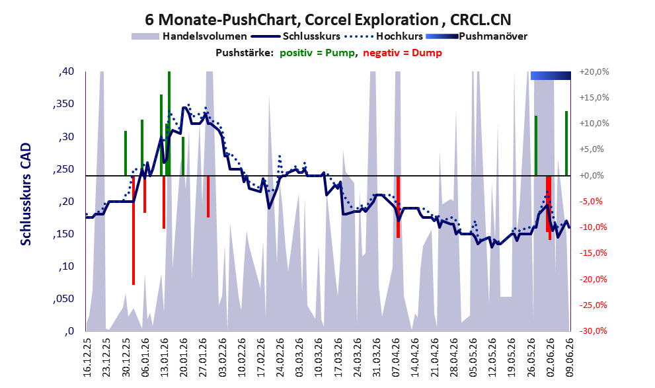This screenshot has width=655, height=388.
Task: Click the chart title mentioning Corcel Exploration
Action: click(x=328, y=20)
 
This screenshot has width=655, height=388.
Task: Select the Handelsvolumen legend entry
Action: click(x=189, y=36)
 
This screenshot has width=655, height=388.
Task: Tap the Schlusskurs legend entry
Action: click(x=295, y=36)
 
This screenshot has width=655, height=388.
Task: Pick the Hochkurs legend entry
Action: click(x=383, y=36)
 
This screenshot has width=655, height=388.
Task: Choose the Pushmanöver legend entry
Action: click(x=477, y=36)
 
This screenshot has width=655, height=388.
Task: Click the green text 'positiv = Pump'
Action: click(x=317, y=53)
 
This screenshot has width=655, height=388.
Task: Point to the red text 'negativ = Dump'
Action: click(x=403, y=53)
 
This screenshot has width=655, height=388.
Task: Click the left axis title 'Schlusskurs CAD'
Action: click(x=26, y=194)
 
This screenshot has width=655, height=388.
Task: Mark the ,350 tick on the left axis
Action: click(x=63, y=104)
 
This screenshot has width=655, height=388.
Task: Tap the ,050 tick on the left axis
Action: click(x=63, y=299)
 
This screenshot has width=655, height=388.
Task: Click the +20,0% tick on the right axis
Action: click(x=594, y=72)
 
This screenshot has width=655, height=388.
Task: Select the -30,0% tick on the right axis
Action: click(x=594, y=331)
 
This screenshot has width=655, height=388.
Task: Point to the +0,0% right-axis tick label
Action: click(x=592, y=175)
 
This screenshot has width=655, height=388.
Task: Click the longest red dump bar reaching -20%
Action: click(x=134, y=230)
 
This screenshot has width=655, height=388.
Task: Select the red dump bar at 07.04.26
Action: click(x=398, y=207)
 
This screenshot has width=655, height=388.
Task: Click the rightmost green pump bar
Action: click(x=566, y=143)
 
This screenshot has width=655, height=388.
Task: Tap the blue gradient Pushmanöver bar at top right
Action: click(x=551, y=75)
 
